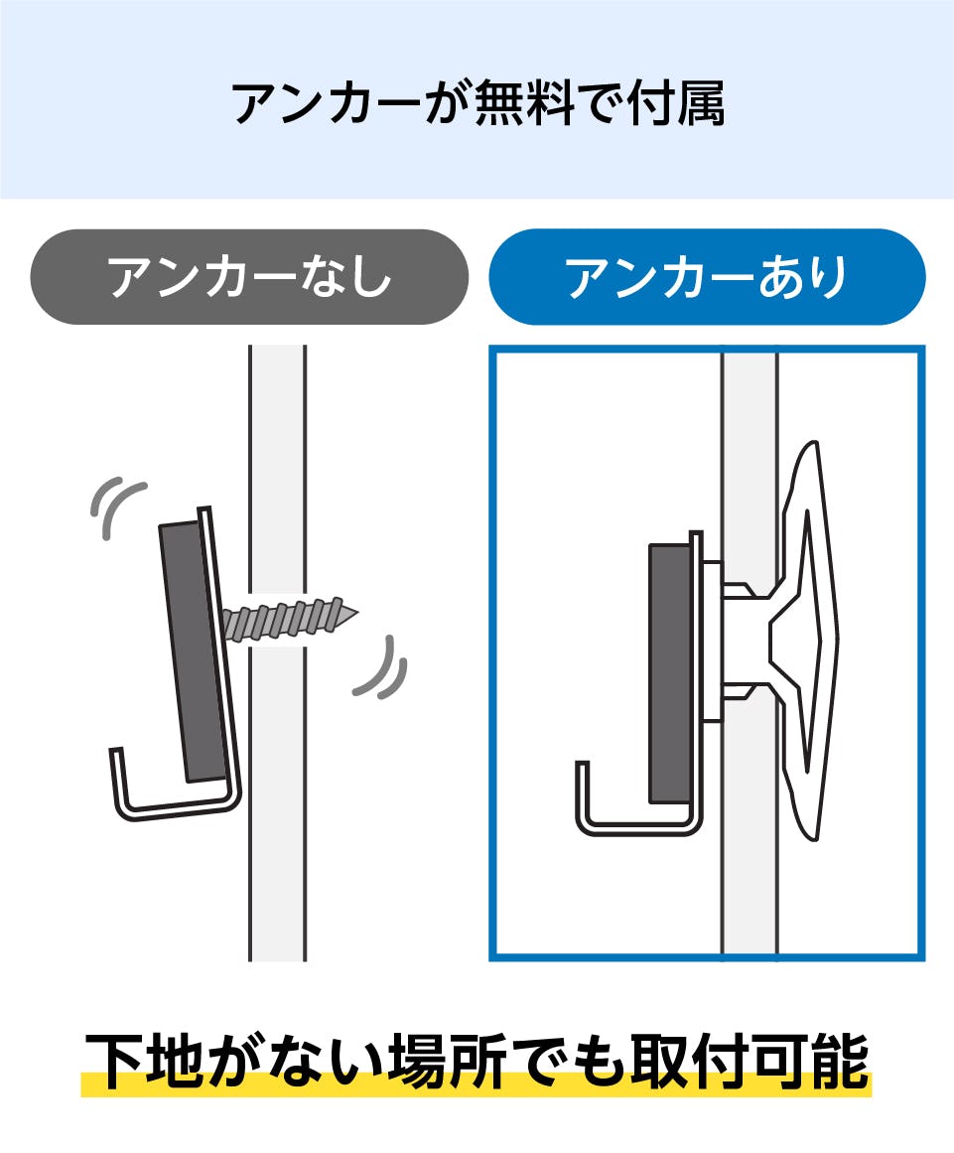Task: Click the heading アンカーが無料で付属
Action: [x=478, y=103]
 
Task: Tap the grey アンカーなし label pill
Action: [x=249, y=276]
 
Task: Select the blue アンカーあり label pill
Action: [x=707, y=276]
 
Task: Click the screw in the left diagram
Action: [x=290, y=619]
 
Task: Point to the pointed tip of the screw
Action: [x=358, y=611]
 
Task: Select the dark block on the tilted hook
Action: [x=193, y=651]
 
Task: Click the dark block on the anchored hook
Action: [x=670, y=672]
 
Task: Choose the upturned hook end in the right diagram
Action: [x=583, y=796]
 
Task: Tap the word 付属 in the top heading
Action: [x=677, y=103]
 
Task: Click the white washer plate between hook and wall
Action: [x=712, y=641]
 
